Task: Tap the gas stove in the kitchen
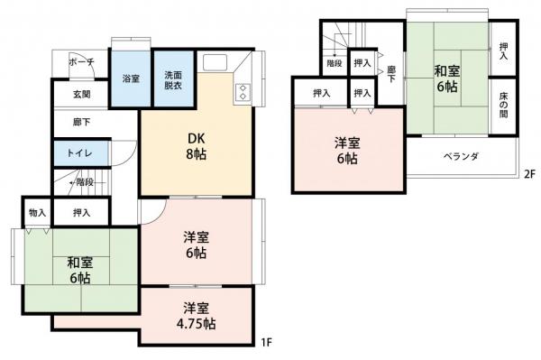(242, 92)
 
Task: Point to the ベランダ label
(459, 156)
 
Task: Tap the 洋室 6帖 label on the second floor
(347, 150)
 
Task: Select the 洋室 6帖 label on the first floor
(197, 245)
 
